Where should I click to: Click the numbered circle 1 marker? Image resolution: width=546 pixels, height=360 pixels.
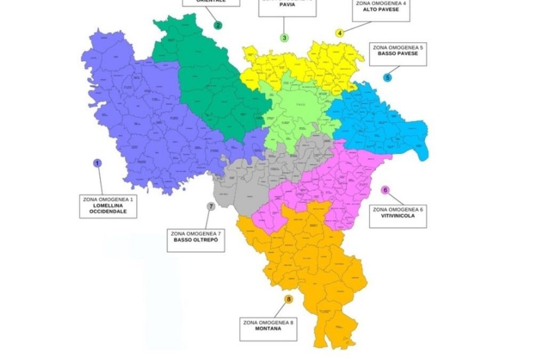[97, 163]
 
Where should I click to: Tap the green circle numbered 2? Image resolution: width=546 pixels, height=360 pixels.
[218, 25]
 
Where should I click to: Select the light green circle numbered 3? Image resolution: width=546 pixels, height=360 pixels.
[285, 38]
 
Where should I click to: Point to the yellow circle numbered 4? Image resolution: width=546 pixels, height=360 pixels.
[339, 33]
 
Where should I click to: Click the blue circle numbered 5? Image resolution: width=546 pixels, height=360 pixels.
[387, 77]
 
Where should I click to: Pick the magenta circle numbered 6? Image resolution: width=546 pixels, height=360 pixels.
[386, 190]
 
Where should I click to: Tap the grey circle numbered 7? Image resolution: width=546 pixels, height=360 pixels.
[211, 206]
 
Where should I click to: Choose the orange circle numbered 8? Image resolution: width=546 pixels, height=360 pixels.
[288, 300]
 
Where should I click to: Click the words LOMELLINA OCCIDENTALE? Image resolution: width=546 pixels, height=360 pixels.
[108, 209]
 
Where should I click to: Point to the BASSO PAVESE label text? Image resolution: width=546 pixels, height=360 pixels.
[398, 54]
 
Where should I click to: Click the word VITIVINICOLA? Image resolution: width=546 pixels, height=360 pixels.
[398, 216]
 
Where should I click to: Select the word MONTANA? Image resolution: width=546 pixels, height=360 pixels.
[268, 329]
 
